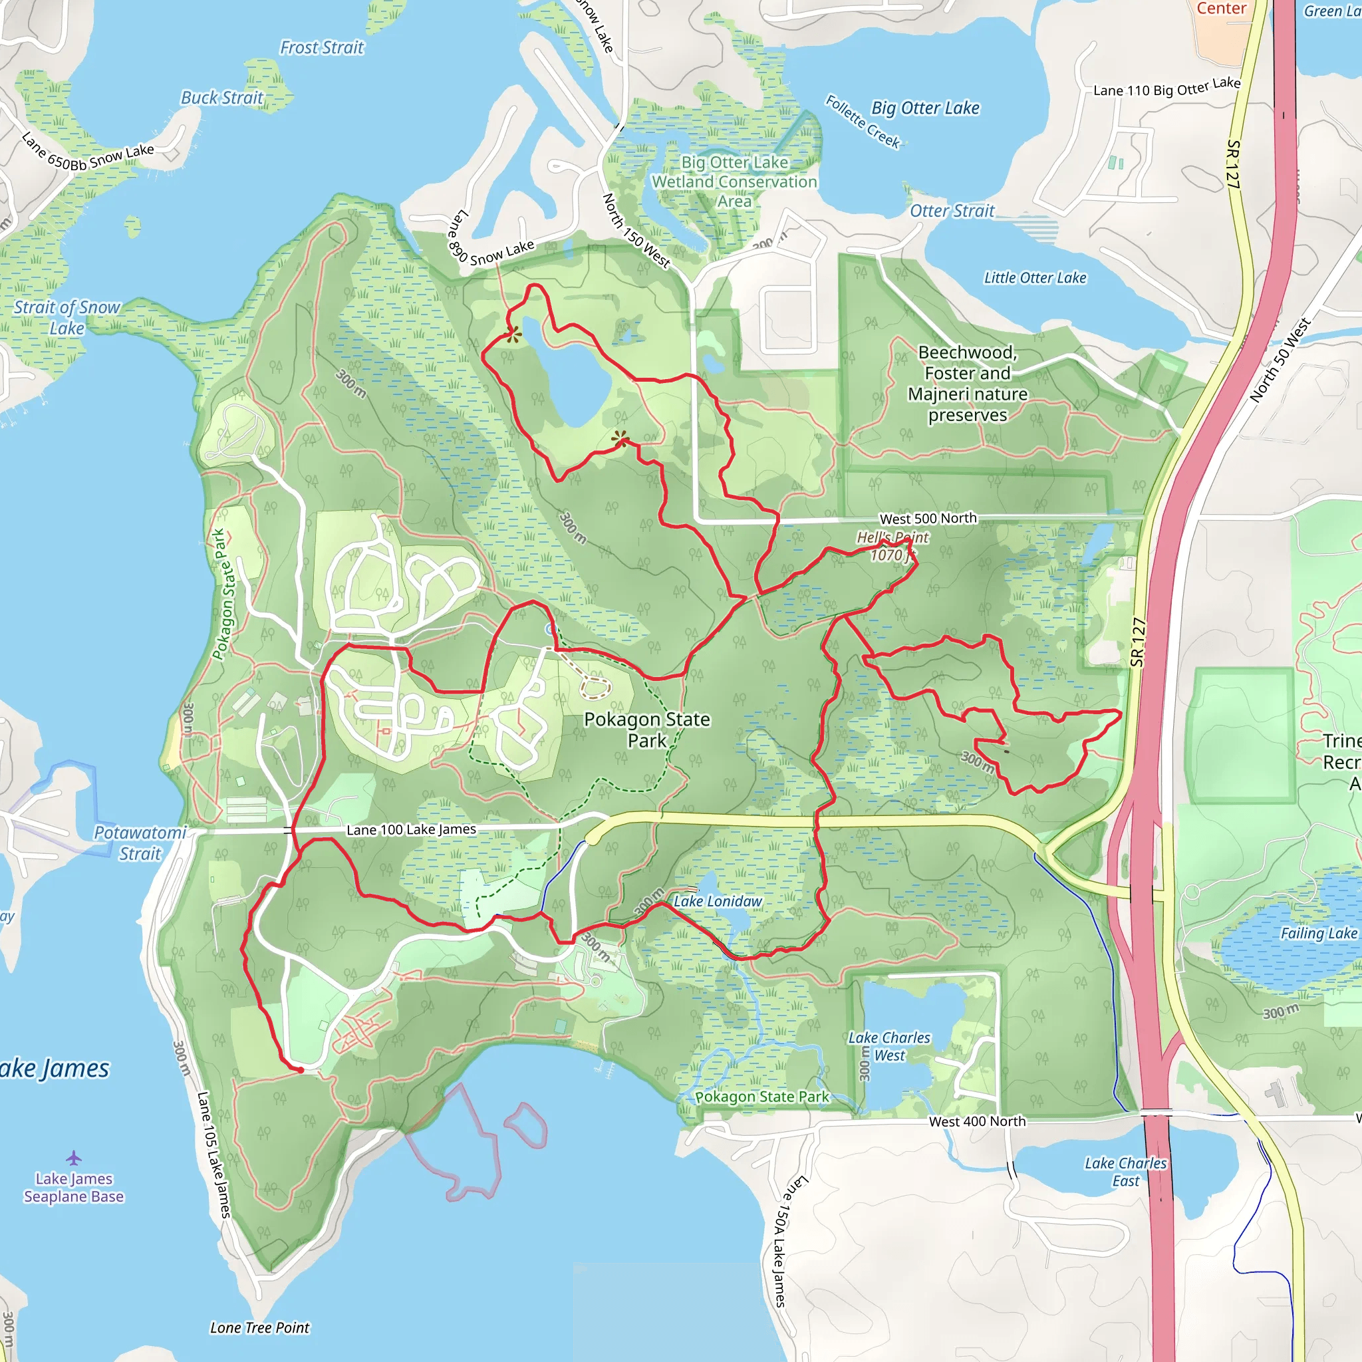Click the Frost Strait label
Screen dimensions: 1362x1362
click(322, 48)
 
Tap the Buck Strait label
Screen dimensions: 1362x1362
click(222, 98)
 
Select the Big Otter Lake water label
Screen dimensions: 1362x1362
click(925, 108)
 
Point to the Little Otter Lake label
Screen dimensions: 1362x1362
click(1035, 278)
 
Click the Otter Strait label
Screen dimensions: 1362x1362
click(952, 211)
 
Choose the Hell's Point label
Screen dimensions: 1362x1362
click(892, 538)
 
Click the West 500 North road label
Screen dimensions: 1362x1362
click(928, 518)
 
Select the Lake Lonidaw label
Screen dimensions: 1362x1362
click(718, 901)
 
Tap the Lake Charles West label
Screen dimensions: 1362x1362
click(889, 1046)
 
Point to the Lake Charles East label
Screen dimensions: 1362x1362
click(1125, 1172)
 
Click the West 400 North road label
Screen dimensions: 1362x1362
click(977, 1121)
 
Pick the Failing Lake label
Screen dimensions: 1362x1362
click(1318, 933)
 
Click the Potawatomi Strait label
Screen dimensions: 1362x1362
click(140, 843)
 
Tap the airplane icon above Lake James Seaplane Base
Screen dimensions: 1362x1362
click(74, 1158)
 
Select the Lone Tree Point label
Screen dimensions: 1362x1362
click(259, 1327)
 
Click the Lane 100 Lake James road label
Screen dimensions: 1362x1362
click(411, 830)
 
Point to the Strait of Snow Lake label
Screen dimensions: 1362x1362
click(67, 317)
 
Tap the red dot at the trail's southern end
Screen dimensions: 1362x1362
click(301, 1070)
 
